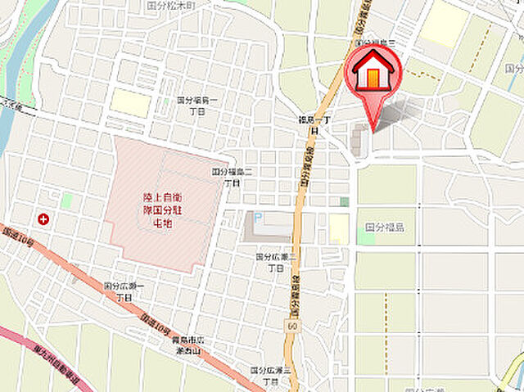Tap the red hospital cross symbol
click(43, 219)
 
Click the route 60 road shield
click(292, 326)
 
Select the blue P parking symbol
click(258, 218)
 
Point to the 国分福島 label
click(384, 227)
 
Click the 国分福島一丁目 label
click(197, 105)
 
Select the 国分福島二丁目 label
click(227, 178)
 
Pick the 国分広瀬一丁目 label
click(124, 291)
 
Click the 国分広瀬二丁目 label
click(275, 262)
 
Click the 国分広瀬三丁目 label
click(270, 376)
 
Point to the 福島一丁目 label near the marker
click(314, 124)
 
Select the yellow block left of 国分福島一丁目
click(131, 102)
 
